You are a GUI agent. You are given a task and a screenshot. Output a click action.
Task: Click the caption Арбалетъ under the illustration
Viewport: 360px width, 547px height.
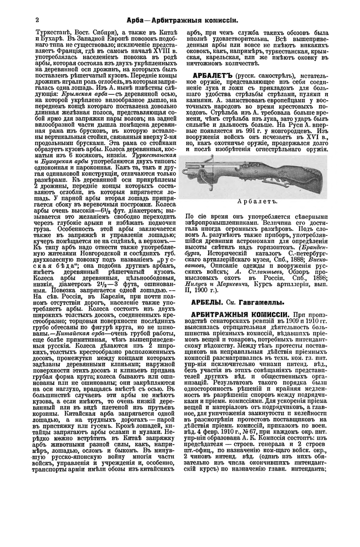[x=263, y=201]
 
